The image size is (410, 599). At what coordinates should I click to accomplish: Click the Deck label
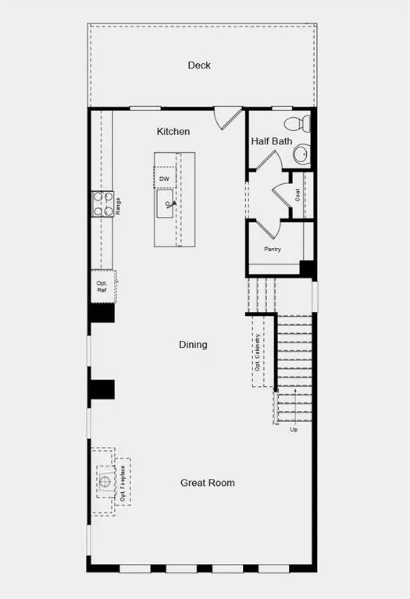point(199,66)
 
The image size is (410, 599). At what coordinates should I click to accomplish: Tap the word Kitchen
point(173,131)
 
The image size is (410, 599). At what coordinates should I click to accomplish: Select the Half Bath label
point(272,141)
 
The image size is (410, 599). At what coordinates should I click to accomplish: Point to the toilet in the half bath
point(298,124)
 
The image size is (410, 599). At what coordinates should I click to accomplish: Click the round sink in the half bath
point(301,154)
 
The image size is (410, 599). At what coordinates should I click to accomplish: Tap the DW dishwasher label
point(165,179)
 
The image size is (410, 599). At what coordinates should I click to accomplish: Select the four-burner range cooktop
point(103,204)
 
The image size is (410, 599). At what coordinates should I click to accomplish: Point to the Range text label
point(118,206)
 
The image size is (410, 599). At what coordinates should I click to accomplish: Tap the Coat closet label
point(298,195)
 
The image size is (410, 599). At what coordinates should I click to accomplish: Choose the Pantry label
point(273,249)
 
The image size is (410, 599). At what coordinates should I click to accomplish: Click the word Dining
point(193,345)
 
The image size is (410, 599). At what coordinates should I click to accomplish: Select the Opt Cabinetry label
point(258,353)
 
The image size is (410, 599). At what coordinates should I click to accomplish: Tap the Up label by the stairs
point(294,430)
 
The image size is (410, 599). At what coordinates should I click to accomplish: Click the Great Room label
point(208,483)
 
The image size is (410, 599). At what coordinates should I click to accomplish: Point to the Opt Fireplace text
point(123,484)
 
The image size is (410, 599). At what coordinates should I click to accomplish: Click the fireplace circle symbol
point(105,481)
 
